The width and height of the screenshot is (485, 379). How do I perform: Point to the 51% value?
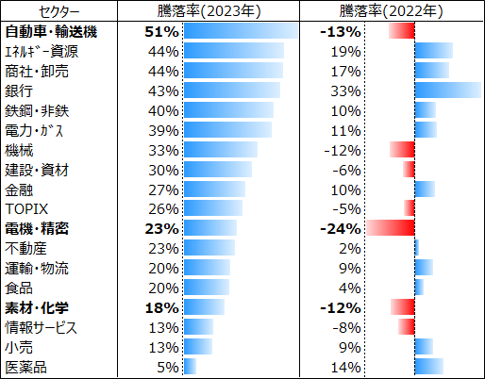click(162, 31)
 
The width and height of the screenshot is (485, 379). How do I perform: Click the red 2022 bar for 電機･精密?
click(391, 228)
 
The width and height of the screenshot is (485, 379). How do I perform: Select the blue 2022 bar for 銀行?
click(447, 91)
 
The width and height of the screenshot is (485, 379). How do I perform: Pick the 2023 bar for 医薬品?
click(190, 366)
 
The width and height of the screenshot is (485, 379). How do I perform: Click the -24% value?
click(342, 228)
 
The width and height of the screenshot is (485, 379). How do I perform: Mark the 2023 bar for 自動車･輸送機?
click(240, 31)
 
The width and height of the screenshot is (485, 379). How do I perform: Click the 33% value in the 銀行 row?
click(346, 91)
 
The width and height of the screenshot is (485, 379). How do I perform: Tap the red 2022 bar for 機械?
click(403, 149)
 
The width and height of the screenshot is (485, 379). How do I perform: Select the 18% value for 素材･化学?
click(162, 307)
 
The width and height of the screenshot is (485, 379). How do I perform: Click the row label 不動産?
click(26, 248)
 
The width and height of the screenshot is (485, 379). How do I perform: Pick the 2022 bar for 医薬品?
click(428, 366)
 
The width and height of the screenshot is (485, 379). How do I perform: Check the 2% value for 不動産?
click(350, 248)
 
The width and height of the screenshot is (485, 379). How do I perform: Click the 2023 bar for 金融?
click(214, 189)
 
